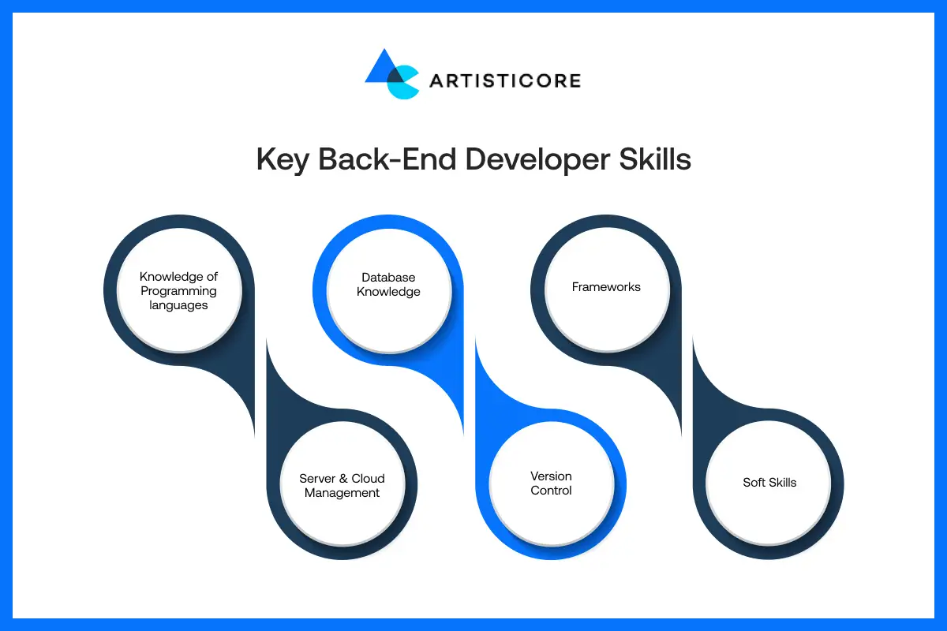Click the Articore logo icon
[x=391, y=74]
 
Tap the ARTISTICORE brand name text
[x=505, y=80]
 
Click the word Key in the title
[x=283, y=159]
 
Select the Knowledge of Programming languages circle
[x=178, y=291]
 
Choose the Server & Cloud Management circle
[x=342, y=486]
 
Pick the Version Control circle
[x=551, y=484]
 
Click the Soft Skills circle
[x=769, y=483]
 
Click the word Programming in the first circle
[x=178, y=291]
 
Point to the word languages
[x=178, y=305]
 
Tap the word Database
[x=388, y=278]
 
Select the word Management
[x=342, y=493]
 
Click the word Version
[x=551, y=476]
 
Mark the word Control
[x=551, y=491]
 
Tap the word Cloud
[x=368, y=479]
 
